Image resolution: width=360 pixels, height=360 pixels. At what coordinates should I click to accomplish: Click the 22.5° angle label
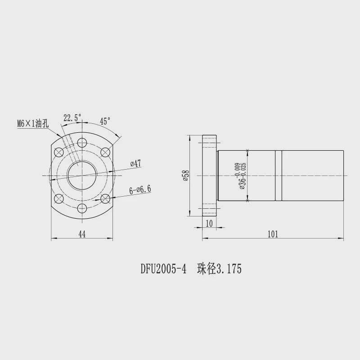[x=72, y=118]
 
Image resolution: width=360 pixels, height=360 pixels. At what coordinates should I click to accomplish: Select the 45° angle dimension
[x=105, y=121]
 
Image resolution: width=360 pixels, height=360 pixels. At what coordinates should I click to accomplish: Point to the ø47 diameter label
[x=135, y=164]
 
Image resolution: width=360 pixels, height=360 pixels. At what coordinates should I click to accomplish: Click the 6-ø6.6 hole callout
[x=140, y=189]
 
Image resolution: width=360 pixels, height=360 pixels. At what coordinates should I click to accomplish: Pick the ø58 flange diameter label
[x=184, y=175]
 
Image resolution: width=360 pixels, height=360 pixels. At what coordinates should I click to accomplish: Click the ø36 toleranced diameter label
[x=240, y=176]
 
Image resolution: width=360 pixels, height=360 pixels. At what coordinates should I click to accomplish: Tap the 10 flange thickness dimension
[x=209, y=224]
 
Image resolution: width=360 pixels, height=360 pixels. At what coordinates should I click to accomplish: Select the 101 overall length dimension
[x=273, y=234]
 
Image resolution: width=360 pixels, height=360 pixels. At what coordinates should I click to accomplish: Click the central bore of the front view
[x=81, y=175]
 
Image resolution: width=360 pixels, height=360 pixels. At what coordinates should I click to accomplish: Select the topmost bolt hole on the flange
[x=81, y=143]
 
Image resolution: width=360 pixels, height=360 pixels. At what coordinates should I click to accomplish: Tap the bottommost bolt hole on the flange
[x=81, y=208]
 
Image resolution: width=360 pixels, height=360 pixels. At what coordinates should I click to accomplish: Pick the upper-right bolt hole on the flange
[x=105, y=152]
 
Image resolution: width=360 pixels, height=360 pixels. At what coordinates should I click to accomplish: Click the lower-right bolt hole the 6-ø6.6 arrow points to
[x=105, y=198]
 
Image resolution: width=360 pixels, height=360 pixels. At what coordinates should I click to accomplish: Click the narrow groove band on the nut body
[x=279, y=175]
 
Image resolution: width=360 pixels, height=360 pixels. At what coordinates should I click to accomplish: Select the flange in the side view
[x=210, y=175]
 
